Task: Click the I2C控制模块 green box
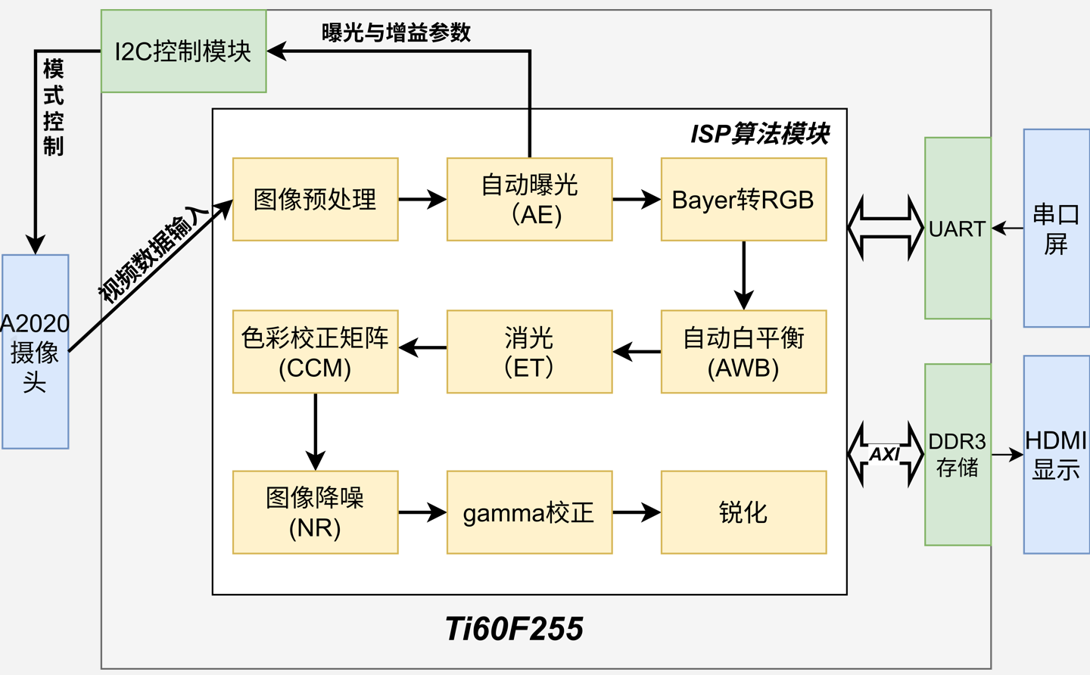coord(183,51)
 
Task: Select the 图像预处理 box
coord(315,200)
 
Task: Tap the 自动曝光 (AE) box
coord(529,200)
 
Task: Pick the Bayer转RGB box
coord(743,200)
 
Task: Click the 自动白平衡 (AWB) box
coord(743,352)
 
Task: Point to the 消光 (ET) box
coord(529,352)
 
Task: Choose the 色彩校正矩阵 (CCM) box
coord(315,352)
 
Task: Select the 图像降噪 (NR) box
coord(315,512)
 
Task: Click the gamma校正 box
coord(529,512)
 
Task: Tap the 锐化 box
coord(743,512)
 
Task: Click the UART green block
coord(958,229)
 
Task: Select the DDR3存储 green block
coord(958,454)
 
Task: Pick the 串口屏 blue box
coord(1056,229)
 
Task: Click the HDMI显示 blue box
coord(1056,454)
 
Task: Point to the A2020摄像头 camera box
coord(35,352)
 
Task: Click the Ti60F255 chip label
coord(514,629)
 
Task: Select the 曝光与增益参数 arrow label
coord(396,33)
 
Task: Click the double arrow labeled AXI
coord(886,454)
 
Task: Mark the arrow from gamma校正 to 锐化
coord(636,512)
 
